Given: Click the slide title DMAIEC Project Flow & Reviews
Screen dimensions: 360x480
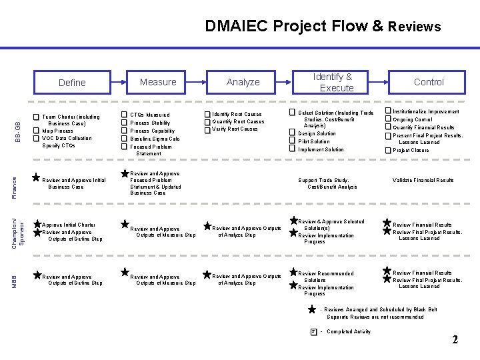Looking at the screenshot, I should tap(323, 26).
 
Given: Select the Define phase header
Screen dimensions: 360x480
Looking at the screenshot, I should tap(72, 83).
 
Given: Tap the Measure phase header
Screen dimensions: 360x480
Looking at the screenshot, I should tap(158, 82).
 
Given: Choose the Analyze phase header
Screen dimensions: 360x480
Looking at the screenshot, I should tap(243, 82).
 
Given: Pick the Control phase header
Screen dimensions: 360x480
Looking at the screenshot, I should tap(428, 82).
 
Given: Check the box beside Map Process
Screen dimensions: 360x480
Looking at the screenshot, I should tap(36, 131).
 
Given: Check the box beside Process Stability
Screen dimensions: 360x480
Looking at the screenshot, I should tap(124, 123).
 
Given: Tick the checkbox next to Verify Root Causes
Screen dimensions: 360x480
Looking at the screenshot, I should tap(207, 129).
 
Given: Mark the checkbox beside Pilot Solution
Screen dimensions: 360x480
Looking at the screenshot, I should tap(291, 141).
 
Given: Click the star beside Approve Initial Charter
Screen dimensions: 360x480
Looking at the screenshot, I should tap(37, 225).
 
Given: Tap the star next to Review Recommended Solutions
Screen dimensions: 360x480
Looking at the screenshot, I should tap(293, 273).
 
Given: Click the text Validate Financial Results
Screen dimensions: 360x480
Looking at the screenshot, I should tap(423, 180).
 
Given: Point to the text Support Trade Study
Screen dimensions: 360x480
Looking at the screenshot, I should tap(323, 180).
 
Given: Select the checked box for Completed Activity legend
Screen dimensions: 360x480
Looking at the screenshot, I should tap(313, 331).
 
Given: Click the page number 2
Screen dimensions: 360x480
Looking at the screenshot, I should tap(455, 340).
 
